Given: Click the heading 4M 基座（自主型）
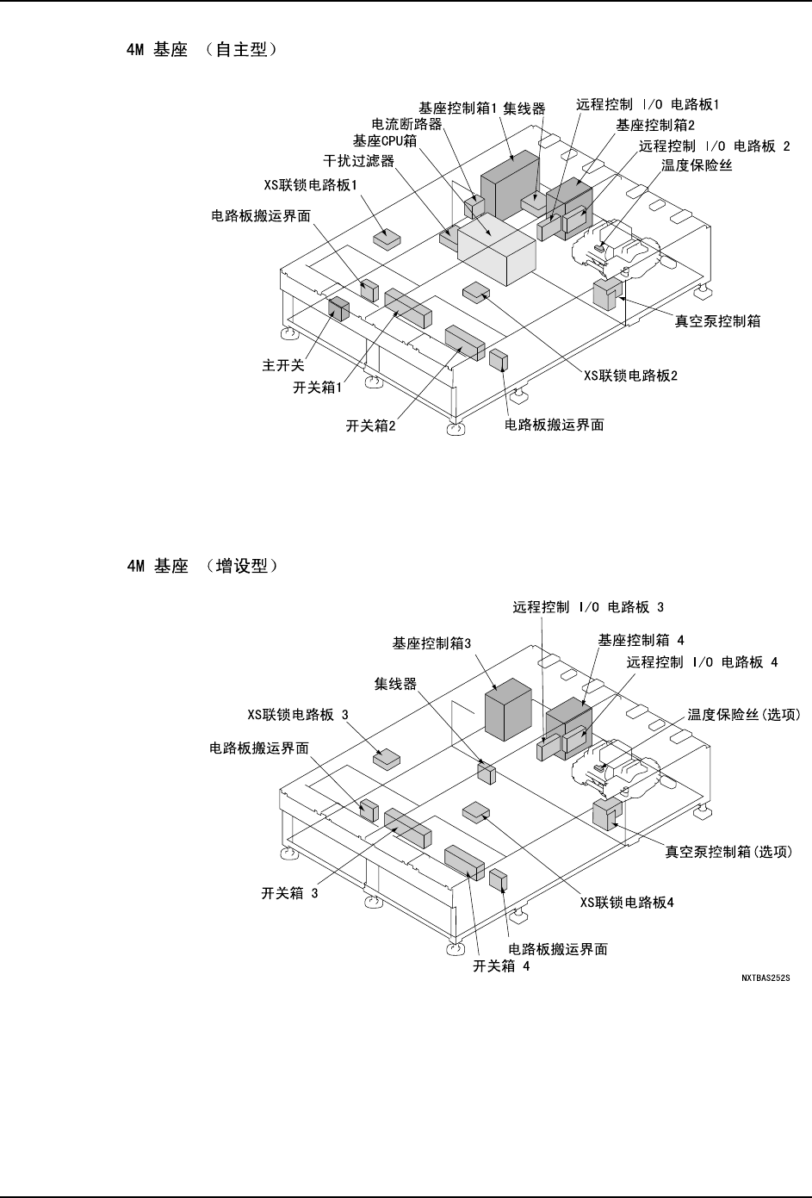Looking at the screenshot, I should (x=201, y=51).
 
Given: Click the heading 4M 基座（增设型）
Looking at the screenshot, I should (x=201, y=567).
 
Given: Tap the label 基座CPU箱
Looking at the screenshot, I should (x=385, y=140).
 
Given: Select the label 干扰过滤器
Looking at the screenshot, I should (x=358, y=161).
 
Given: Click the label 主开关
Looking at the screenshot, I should (x=283, y=365).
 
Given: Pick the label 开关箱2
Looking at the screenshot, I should (x=370, y=425).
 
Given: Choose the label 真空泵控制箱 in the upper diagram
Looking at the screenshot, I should (x=716, y=322).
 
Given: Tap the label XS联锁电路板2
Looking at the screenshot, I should (x=631, y=376).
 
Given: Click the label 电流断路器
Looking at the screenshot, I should (x=406, y=124).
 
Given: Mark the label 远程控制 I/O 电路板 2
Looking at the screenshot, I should (x=715, y=146).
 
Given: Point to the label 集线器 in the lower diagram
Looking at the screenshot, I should (x=395, y=684).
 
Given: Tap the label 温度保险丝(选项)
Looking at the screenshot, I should (x=745, y=714).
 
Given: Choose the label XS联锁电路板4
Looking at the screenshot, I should (x=626, y=903).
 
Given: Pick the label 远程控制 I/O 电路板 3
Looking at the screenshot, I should (x=588, y=607).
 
